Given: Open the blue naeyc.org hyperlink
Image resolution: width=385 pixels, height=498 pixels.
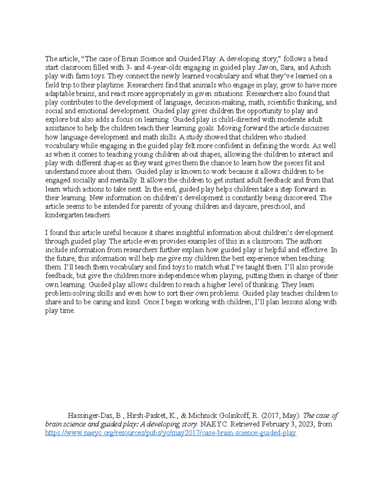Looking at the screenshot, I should (x=170, y=433).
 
